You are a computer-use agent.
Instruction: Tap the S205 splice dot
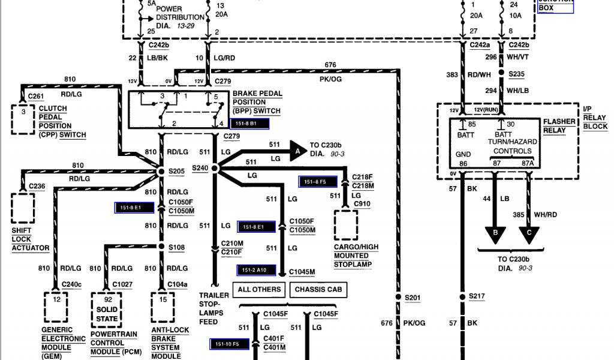161,171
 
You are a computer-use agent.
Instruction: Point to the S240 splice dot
214,170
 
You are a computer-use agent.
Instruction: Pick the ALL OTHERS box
259,290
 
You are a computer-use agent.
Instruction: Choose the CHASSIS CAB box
318,290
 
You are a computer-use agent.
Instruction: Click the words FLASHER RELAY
559,126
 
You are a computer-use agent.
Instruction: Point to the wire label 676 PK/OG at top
330,71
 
